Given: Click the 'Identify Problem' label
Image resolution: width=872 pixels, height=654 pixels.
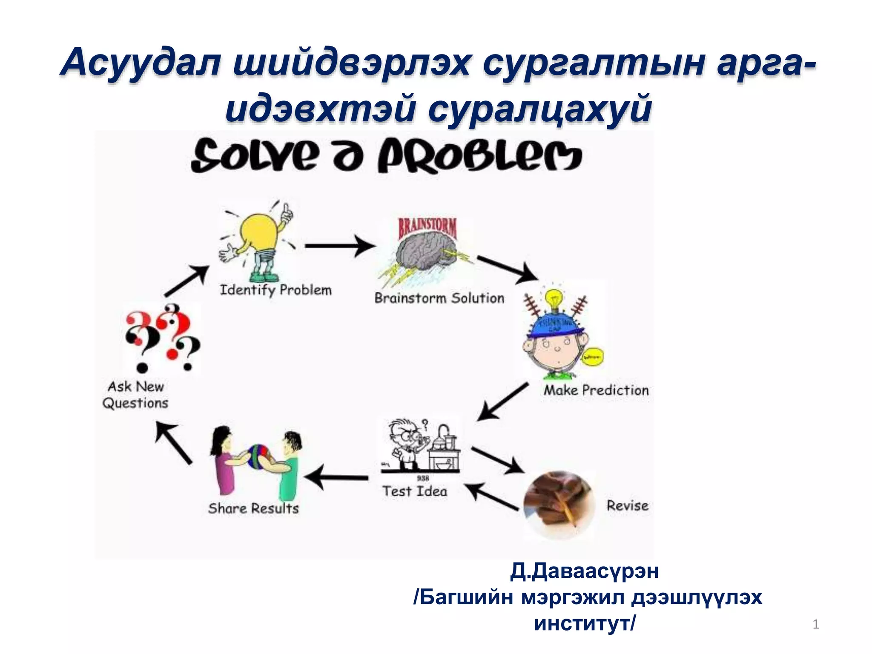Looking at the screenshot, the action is pos(275,290).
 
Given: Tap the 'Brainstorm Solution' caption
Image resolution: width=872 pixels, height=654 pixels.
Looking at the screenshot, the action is pos(439,298).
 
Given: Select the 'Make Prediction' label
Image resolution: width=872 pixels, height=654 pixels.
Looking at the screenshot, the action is pos(596,390).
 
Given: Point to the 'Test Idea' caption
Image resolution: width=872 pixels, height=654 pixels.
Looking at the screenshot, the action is pos(415,491).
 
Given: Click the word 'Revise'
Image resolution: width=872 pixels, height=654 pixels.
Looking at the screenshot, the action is pos(627,506).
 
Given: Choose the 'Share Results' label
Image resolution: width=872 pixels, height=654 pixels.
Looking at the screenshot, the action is pos(253,508).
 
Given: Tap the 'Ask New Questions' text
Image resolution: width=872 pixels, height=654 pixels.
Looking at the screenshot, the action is pos(135,395).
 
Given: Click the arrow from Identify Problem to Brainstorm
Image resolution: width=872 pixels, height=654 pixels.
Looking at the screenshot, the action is pos(340,246).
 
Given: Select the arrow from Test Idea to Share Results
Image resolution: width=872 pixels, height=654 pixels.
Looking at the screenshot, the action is pos(336,478).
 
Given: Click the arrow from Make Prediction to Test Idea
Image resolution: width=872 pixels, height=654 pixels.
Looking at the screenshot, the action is pos(502,402).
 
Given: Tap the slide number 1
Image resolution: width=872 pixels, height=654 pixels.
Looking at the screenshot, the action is pos(816,624).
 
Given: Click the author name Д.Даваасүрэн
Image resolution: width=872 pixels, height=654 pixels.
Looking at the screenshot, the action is pos(584,571).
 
